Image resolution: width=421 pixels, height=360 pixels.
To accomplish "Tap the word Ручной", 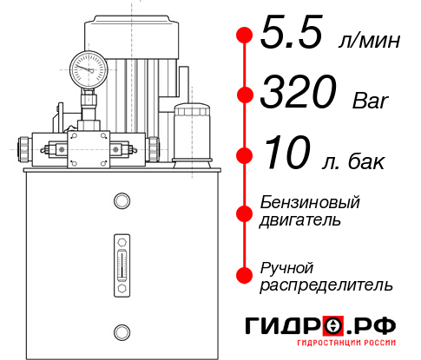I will (x=286, y=266).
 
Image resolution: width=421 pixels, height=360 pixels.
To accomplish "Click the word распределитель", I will (x=327, y=285).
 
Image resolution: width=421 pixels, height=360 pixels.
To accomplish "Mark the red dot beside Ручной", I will (x=245, y=274).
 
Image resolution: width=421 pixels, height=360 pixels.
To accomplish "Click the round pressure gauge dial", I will (x=89, y=67).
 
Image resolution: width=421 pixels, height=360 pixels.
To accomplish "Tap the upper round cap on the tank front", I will (x=121, y=202).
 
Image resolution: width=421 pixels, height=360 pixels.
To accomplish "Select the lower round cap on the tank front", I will (x=121, y=330).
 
